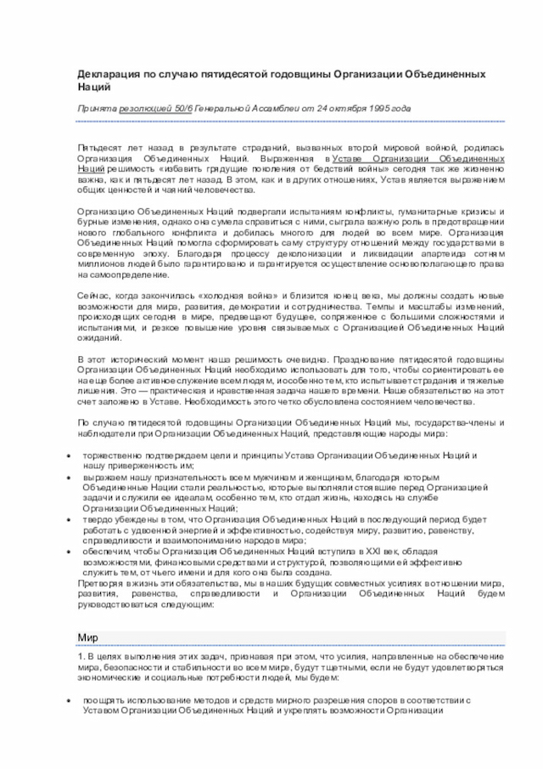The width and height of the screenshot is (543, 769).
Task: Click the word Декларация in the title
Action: [x=105, y=75]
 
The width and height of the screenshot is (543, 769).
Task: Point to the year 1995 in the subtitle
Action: [x=380, y=110]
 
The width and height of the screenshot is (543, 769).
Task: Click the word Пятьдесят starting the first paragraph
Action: [x=96, y=148]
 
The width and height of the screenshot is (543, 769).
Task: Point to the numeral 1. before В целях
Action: [x=81, y=658]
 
